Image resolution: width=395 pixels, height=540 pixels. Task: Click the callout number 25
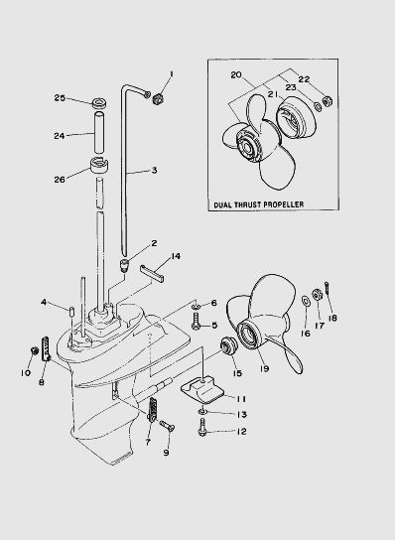60,98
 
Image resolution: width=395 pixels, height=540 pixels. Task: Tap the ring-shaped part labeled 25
99,102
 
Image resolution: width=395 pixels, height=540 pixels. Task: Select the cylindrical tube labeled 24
99,132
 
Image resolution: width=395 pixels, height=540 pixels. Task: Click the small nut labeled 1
158,99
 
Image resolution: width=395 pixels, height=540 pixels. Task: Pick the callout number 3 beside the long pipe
154,170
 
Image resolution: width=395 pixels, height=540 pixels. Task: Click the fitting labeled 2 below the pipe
124,265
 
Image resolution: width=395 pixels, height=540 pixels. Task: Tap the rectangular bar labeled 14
152,273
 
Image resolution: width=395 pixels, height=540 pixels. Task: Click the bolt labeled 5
196,322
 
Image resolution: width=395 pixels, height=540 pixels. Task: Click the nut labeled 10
34,350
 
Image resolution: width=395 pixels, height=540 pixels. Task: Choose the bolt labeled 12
202,428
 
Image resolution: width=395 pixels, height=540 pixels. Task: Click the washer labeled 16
306,301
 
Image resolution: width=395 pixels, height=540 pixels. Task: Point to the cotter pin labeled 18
327,289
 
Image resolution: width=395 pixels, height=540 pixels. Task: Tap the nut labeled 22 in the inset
327,101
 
